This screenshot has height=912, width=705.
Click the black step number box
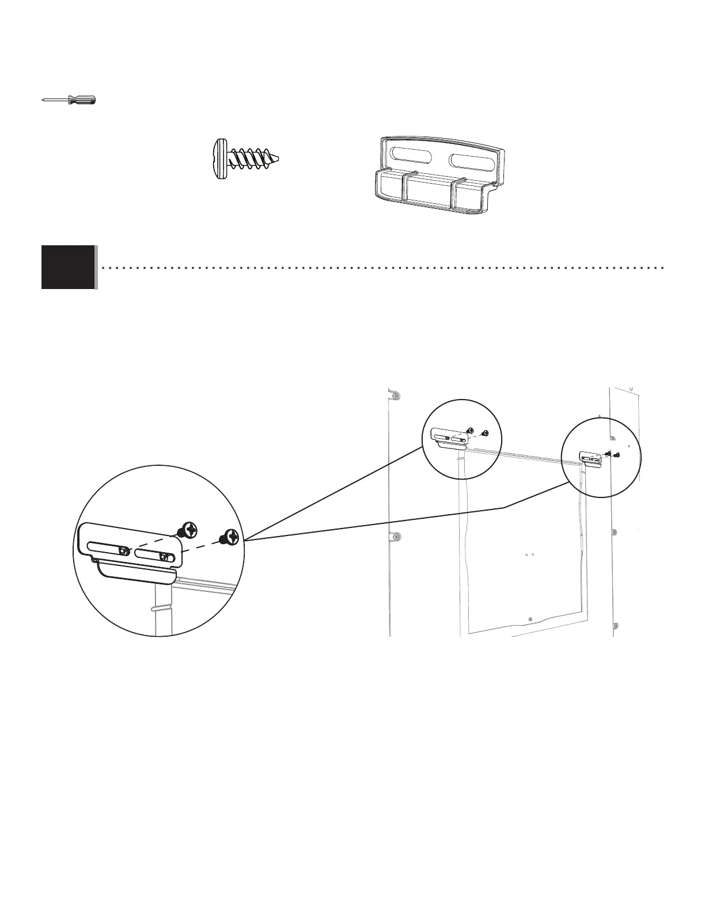68,267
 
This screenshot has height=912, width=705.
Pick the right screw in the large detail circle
230,537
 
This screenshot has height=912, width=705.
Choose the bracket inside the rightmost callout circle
591,459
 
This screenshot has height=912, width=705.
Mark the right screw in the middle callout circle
485,433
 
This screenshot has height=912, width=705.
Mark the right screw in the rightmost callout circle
617,455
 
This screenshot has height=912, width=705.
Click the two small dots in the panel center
530,555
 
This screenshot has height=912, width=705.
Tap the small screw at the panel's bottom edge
530,619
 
